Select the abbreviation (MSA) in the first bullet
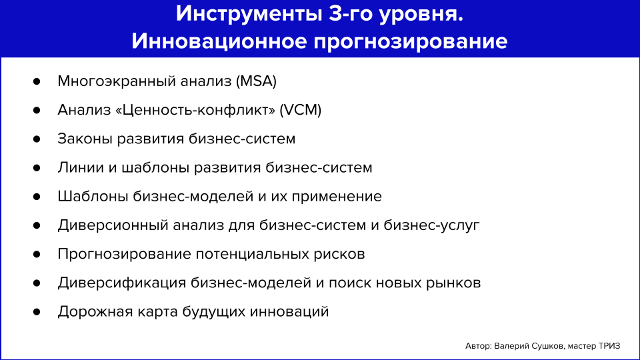255,81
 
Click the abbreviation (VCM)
300,110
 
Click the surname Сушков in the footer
547,346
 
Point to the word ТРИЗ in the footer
608,346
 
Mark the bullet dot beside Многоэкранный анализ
37,81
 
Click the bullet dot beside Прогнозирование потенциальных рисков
37,254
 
